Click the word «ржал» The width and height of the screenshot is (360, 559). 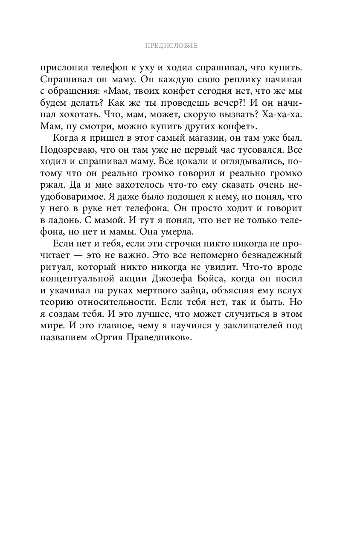coord(52,185)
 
